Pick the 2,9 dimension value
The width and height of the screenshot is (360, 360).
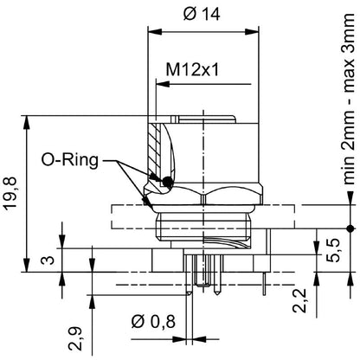pos(76,333)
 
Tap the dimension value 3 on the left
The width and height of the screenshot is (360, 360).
pos(48,260)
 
